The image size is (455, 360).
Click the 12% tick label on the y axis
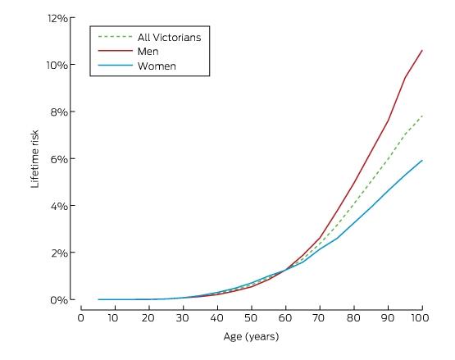(57, 19)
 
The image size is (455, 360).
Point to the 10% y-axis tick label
(57, 65)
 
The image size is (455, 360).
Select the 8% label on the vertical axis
(59, 112)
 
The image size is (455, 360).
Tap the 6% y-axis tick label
(59, 159)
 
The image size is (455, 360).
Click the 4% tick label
(59, 206)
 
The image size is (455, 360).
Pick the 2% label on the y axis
(59, 253)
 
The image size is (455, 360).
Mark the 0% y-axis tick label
(59, 300)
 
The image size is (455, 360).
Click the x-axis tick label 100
(420, 318)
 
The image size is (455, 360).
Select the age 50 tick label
(251, 318)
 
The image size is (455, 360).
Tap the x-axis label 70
(319, 318)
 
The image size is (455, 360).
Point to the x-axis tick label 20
(148, 318)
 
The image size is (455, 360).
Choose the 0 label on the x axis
(81, 318)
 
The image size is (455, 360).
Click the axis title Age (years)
(252, 337)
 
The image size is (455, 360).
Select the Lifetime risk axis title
(34, 159)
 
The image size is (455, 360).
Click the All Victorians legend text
(169, 38)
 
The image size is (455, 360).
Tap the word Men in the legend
(148, 52)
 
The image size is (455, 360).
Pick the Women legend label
(157, 66)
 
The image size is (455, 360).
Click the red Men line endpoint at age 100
(422, 50)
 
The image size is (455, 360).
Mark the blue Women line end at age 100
(422, 160)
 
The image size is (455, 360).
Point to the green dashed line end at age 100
(422, 116)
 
